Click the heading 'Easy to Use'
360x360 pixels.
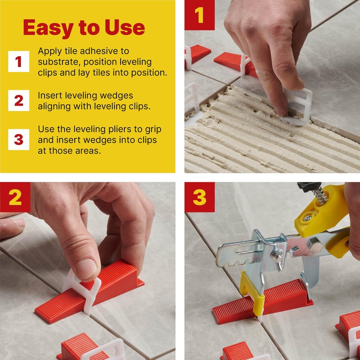[84, 28]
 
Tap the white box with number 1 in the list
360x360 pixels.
[18, 61]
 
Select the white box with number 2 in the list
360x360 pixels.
[18, 100]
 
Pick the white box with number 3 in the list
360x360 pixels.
[18, 139]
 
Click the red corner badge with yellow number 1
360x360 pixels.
[199, 15]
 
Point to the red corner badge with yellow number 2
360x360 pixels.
[15, 197]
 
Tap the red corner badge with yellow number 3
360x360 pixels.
[199, 197]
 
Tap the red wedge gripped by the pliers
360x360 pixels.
[263, 301]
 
